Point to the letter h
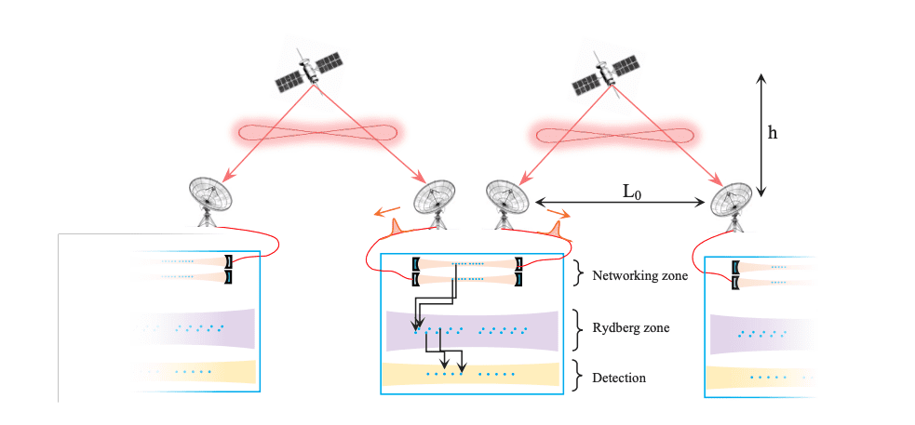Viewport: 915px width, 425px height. [773, 133]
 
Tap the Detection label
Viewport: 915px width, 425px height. [619, 379]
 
